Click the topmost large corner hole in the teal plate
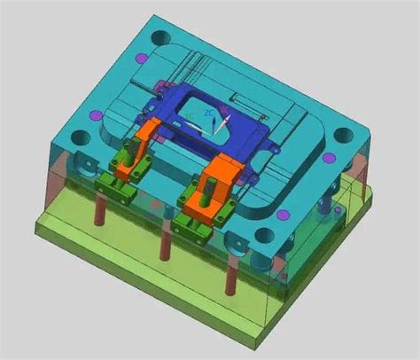[159, 38]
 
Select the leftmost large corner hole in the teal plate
[81, 137]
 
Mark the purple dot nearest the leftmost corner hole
[96, 114]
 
